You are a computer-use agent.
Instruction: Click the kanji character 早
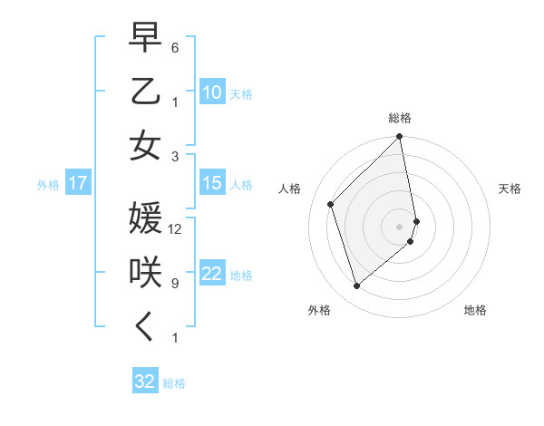[145, 40]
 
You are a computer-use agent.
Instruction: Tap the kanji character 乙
[145, 92]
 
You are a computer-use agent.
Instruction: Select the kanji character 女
[145, 146]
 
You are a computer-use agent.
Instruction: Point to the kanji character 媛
[145, 219]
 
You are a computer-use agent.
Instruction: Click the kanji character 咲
[145, 274]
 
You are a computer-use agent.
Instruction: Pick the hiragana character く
[145, 327]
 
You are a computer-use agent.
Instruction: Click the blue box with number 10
[211, 92]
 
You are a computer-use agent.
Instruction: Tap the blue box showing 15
[211, 183]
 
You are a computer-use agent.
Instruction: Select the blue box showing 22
[211, 274]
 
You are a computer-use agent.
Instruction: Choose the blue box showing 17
[78, 184]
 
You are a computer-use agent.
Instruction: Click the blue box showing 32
[144, 382]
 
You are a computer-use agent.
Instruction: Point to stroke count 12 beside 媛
[175, 228]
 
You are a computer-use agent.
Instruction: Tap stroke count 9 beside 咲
[175, 283]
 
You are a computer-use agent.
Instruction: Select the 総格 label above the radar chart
[400, 118]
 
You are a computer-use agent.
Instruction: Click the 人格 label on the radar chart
[290, 189]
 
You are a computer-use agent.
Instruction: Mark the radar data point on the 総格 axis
[400, 138]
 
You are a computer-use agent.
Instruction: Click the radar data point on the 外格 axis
[357, 286]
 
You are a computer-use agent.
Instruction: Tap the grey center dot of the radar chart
[400, 226]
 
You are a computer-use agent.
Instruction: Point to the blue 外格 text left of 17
[48, 185]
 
